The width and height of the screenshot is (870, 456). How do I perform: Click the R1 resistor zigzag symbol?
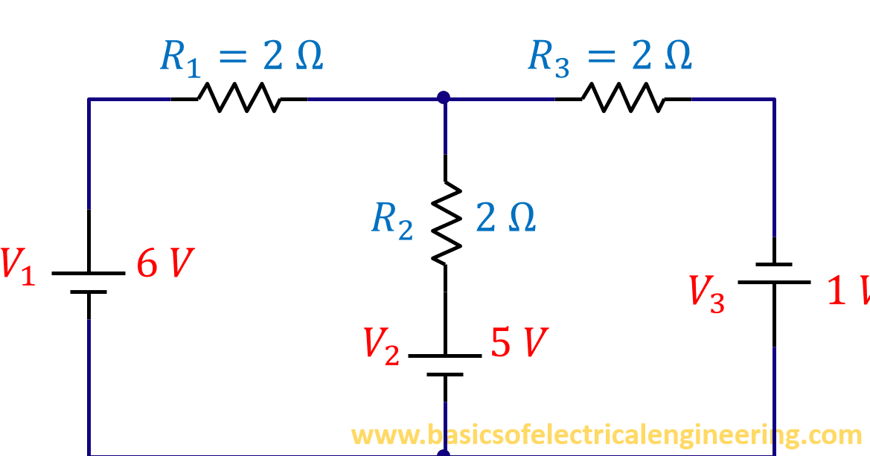click(238, 97)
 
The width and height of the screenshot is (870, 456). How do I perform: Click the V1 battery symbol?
click(89, 282)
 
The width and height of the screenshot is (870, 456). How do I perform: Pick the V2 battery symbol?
click(445, 365)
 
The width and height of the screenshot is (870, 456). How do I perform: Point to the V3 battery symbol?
click(774, 273)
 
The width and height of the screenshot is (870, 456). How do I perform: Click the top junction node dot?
click(444, 97)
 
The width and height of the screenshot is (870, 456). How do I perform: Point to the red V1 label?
click(16, 266)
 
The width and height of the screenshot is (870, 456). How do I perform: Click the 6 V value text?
click(164, 264)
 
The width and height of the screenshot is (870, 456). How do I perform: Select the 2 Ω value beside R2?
click(505, 218)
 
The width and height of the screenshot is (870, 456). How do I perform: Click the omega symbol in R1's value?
click(308, 57)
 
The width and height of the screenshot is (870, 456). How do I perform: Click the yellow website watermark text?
click(606, 434)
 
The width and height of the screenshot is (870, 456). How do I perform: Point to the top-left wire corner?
click(89, 98)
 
